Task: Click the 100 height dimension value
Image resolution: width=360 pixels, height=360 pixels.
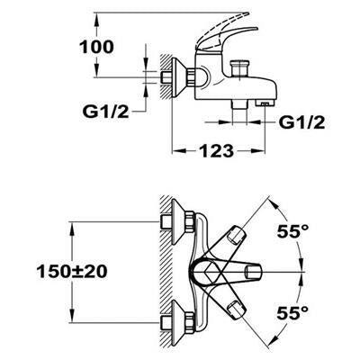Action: pos(96,48)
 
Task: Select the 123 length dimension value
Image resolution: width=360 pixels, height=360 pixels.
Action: pos(216,151)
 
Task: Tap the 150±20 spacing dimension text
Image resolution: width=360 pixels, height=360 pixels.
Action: pos(72,272)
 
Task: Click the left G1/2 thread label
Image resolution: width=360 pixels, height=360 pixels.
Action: pos(105,112)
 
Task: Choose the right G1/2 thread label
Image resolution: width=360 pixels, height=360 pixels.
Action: pos(301,122)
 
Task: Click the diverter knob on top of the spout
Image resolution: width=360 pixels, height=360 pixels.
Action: pos(239,68)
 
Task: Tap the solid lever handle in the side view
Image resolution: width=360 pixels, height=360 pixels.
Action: pos(229,39)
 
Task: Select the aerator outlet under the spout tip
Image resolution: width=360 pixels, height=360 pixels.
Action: pos(265,103)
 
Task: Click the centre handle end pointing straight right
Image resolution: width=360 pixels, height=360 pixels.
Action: pos(254,273)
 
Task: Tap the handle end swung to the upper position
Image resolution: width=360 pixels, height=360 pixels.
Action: pos(238,234)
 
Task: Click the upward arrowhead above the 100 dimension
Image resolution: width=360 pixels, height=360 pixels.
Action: pos(96,20)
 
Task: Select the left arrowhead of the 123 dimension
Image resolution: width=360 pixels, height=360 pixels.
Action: pos(179,151)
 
